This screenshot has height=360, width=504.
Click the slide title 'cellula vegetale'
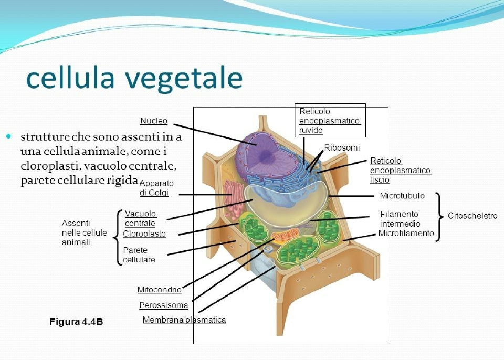tap(134, 78)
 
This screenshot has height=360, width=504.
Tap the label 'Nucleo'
tap(154, 121)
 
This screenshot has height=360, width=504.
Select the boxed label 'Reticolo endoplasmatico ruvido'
tap(329, 121)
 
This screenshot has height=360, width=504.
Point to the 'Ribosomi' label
tap(342, 147)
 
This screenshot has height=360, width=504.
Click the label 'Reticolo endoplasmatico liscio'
tap(400, 170)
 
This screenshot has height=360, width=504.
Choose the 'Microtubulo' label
tap(402, 196)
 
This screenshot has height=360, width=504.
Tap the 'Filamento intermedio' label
tap(400, 219)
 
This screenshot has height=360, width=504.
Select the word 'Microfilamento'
tap(406, 232)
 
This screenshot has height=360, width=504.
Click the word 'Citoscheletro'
tap(472, 216)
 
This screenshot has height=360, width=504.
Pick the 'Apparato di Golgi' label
tap(156, 188)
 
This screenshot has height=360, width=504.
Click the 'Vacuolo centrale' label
tap(140, 218)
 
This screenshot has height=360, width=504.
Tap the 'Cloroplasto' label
tap(144, 234)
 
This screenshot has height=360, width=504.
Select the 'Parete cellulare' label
tap(139, 255)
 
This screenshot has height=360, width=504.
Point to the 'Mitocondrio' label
tap(160, 290)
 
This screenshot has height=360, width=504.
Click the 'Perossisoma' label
tap(164, 305)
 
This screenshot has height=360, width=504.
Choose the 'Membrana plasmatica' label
tap(184, 320)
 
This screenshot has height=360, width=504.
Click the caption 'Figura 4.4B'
tap(76, 322)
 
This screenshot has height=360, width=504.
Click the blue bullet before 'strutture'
tap(8, 136)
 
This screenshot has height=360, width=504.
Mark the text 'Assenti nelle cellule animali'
tap(84, 232)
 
